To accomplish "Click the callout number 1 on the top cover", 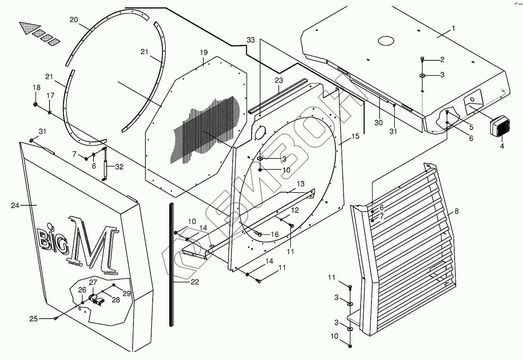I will click(453, 28).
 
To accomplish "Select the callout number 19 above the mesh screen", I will click(204, 52).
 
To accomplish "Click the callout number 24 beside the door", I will click(15, 206).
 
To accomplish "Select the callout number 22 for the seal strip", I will click(194, 282).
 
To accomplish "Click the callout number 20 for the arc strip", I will click(73, 20).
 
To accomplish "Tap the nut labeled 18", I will click(36, 104).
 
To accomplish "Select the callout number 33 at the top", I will click(251, 40).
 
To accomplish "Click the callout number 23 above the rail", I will click(279, 80).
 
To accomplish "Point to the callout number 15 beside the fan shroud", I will click(355, 136).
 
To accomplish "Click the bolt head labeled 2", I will click(422, 59).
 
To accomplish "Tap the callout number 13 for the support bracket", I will click(300, 183).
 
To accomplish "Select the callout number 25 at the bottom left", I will click(34, 319).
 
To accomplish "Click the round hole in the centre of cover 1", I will click(385, 40).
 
